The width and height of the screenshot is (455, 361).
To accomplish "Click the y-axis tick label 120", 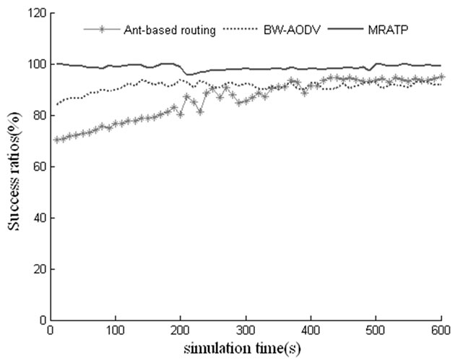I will click(x=31, y=13).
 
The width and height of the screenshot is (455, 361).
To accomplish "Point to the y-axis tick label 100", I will click(x=31, y=64).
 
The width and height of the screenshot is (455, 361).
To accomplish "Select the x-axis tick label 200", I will click(x=180, y=331).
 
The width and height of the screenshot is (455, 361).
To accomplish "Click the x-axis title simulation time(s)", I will click(x=246, y=348).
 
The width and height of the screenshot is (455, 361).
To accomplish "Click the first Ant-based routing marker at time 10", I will click(x=56, y=140).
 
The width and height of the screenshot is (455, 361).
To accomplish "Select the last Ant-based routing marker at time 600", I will click(x=441, y=77).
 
